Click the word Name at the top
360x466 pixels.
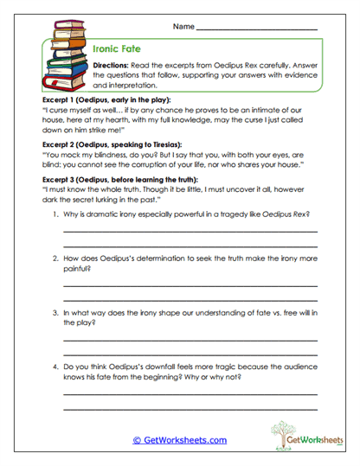pyautogui.click(x=183, y=28)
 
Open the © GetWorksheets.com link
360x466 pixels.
pyautogui.click(x=179, y=440)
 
